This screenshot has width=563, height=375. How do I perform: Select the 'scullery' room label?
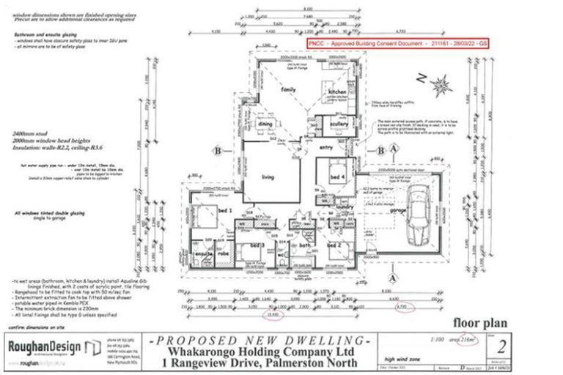[x=339, y=125]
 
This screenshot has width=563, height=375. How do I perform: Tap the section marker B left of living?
[x=218, y=152]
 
